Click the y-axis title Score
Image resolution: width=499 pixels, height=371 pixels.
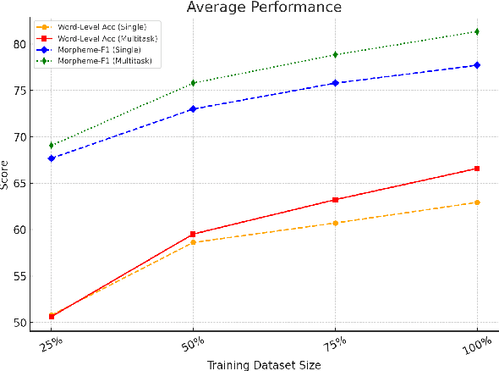(x=7, y=173)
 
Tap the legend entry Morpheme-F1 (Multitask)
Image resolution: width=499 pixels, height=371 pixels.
(x=94, y=59)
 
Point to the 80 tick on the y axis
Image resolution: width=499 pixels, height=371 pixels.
(x=21, y=44)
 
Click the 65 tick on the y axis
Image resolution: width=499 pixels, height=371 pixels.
(x=21, y=183)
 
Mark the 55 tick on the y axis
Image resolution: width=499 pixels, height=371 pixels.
(x=21, y=276)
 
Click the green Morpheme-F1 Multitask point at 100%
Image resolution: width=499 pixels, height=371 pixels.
(x=478, y=31)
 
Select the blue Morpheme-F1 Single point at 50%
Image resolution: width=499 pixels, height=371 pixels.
(x=194, y=109)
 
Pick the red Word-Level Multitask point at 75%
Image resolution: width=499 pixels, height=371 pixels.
(x=336, y=200)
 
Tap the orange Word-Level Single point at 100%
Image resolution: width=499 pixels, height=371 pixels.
(x=478, y=202)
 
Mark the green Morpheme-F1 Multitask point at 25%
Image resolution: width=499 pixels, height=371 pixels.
(x=52, y=145)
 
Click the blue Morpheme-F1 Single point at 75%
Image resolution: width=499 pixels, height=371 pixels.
(x=336, y=83)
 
